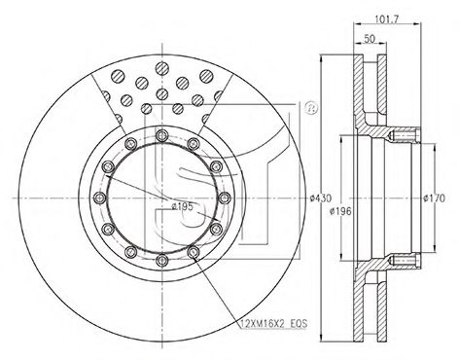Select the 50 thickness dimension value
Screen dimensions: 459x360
(370, 39)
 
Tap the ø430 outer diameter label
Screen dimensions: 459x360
(320, 198)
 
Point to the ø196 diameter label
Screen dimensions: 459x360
(340, 211)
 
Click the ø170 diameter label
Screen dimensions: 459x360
(435, 198)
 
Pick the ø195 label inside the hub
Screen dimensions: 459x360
(182, 206)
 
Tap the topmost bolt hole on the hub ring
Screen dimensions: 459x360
(161, 135)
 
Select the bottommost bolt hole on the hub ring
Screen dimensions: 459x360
(161, 260)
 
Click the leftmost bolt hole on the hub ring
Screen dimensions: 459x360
(99, 198)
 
